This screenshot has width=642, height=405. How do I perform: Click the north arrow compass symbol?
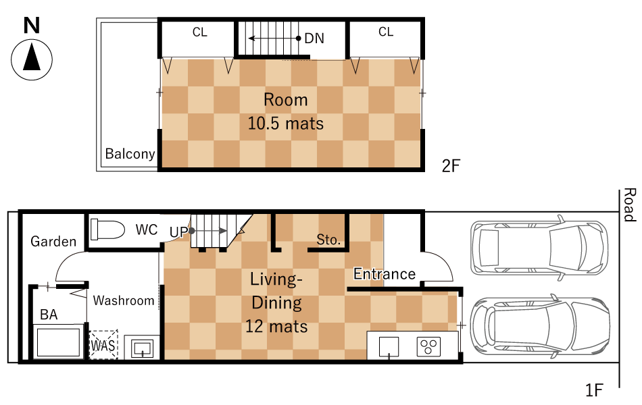point(32,59)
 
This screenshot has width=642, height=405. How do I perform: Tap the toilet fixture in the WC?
point(107,230)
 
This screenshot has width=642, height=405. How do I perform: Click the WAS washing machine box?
point(103,345)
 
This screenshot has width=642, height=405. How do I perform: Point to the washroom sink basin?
point(142,348)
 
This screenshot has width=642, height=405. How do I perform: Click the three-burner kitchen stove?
point(428,346)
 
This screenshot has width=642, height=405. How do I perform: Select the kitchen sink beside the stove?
point(389,347)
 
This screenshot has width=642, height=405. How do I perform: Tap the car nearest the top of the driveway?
point(539,248)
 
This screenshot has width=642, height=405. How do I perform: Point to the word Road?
point(630,205)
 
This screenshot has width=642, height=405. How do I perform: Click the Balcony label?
point(130,154)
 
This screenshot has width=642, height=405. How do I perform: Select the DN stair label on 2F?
point(314,38)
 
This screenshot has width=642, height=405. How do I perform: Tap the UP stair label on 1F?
point(178,232)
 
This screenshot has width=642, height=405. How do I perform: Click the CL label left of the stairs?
point(200,32)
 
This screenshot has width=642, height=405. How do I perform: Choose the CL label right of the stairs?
point(386,32)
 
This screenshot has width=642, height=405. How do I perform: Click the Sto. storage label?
point(328,240)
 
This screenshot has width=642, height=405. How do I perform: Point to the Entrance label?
point(385,273)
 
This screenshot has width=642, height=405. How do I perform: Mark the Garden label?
point(53,242)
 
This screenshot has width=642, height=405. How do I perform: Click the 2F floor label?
point(451,165)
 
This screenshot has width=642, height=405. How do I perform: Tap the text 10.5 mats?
point(286,123)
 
